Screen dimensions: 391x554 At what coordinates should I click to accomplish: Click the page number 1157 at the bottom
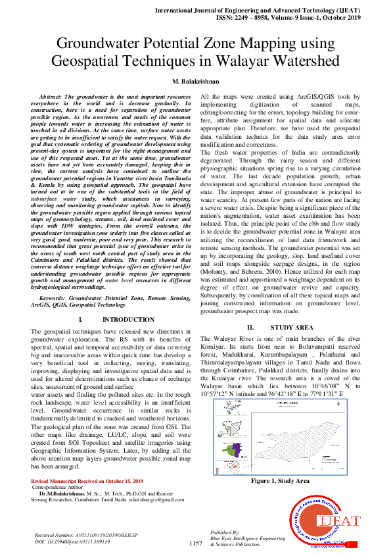(195, 544)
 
